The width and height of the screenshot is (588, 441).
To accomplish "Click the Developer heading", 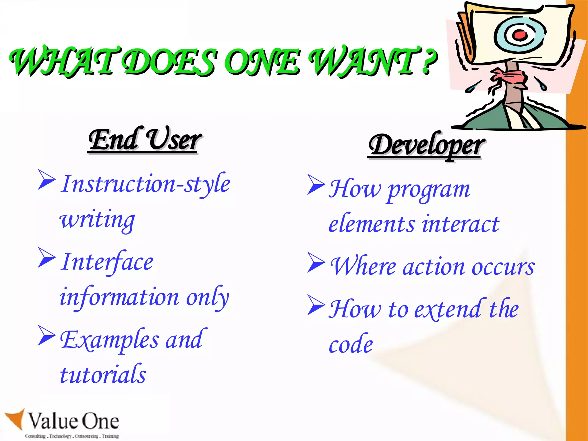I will point(426,145).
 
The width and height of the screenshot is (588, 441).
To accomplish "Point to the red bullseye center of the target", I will point(520,35).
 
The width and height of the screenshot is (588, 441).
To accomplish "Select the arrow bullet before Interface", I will point(46,258).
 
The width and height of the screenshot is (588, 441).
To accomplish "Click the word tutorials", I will point(103,374).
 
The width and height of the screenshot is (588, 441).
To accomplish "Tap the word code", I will point(351,344).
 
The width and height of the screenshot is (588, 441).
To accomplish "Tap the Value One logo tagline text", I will point(72,436).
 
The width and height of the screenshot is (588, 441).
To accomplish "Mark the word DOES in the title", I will point(169,61).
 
